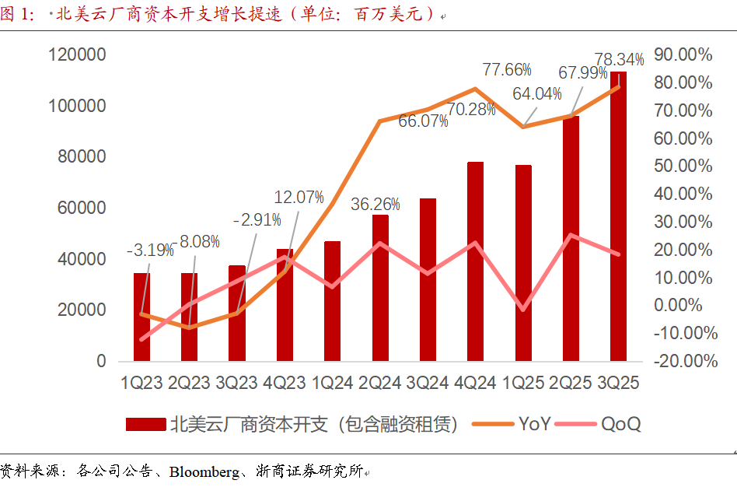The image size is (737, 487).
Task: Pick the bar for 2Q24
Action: pos(380,288)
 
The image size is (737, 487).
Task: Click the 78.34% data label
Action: pos(619,59)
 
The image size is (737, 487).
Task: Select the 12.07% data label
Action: pos(299,198)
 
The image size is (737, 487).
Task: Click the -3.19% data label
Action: pos(150,251)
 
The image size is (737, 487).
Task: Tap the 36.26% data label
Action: pos(375,205)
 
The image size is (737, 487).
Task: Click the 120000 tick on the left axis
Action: pos(77,54)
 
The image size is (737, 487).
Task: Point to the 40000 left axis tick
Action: pos(81,259)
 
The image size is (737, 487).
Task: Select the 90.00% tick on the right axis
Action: pos(683,54)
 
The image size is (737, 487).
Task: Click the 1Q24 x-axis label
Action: pos(333,383)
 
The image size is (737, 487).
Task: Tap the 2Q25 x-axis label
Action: pos(571,383)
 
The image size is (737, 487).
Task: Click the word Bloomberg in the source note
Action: pos(206,471)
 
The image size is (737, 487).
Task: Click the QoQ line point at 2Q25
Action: pos(571,235)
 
